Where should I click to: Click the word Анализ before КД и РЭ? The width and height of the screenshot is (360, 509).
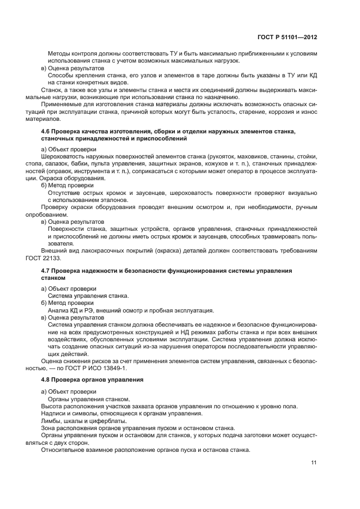tap(59, 310)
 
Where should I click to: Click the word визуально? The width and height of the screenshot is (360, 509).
tap(303, 192)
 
